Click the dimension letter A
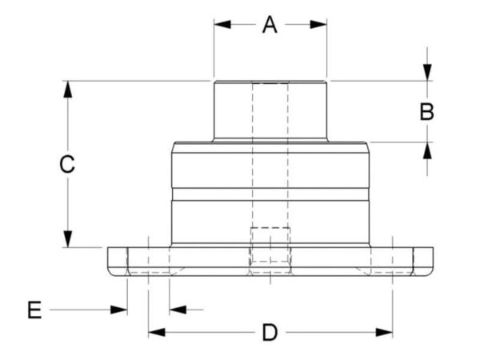click(x=270, y=25)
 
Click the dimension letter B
click(x=426, y=112)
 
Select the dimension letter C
click(x=67, y=164)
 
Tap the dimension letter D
click(x=270, y=333)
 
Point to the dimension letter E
click(x=34, y=310)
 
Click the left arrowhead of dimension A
click(x=222, y=25)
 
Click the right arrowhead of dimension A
click(x=318, y=25)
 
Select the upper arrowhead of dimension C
click(x=68, y=90)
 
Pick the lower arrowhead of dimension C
click(x=68, y=238)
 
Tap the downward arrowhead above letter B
click(x=427, y=73)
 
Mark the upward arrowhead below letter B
click(x=427, y=150)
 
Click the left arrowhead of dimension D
click(x=157, y=333)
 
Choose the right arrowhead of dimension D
click(x=384, y=333)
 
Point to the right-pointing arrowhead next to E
click(x=118, y=310)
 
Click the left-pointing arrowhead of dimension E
click(x=178, y=310)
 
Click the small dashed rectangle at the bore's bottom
click(x=270, y=245)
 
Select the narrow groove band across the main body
click(x=270, y=194)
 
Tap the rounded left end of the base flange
click(x=118, y=262)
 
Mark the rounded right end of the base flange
click(x=423, y=262)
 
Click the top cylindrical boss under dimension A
click(x=270, y=111)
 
